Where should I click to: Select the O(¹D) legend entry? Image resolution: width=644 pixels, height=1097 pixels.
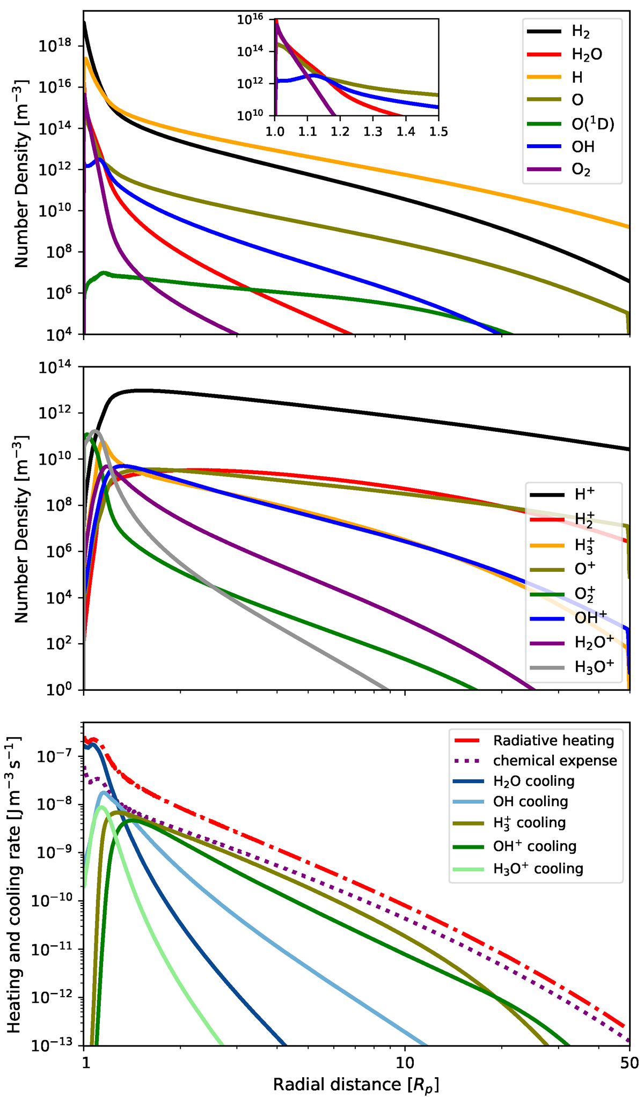pyautogui.click(x=592, y=124)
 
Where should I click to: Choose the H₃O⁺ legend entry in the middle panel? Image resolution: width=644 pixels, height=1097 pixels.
pyautogui.click(x=594, y=667)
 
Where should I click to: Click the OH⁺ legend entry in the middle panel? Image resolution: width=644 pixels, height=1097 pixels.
pyautogui.click(x=590, y=617)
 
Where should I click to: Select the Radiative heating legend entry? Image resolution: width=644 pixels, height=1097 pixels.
pyautogui.click(x=553, y=741)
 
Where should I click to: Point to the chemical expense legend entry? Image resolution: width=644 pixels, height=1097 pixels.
pyautogui.click(x=555, y=761)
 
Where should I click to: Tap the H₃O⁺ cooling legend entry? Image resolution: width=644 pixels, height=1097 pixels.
pyautogui.click(x=538, y=868)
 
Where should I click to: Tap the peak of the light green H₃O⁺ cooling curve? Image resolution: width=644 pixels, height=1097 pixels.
pyautogui.click(x=101, y=806)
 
